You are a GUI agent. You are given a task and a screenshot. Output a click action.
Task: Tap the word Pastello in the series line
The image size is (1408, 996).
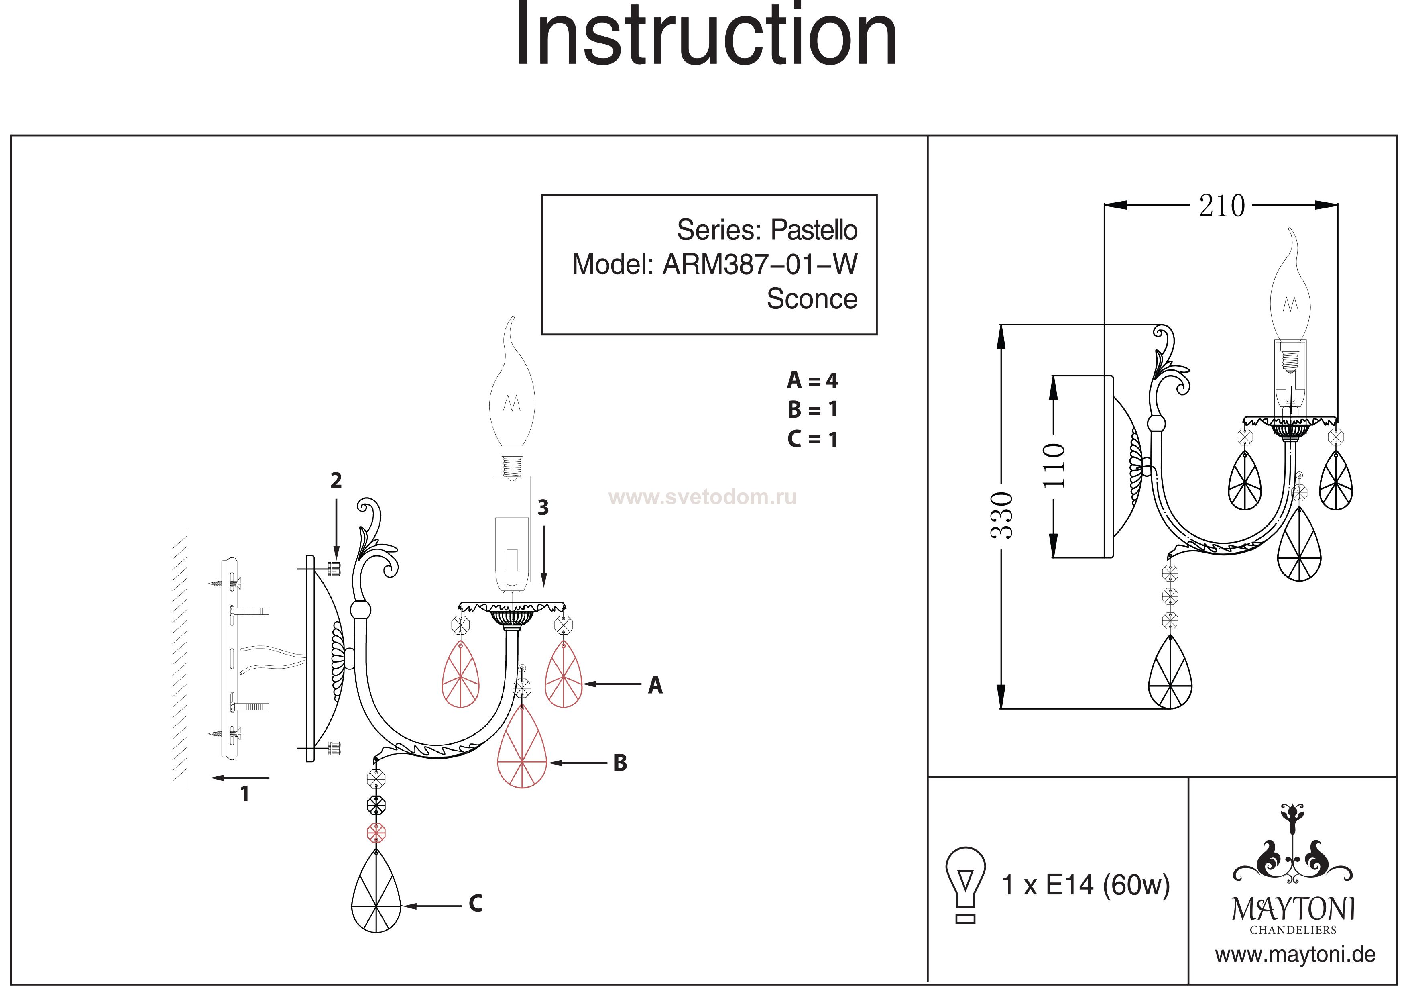pos(814,230)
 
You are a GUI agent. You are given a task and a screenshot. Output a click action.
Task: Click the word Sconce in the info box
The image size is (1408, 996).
pos(812,299)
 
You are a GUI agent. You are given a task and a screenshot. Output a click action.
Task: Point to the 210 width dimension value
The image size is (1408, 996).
pos(1222,206)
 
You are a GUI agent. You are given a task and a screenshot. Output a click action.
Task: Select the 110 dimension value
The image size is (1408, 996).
pos(1054,465)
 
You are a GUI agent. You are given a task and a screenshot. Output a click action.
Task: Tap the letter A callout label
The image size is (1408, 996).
pos(655,686)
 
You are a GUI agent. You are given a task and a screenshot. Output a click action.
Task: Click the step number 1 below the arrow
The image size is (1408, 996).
pos(245,794)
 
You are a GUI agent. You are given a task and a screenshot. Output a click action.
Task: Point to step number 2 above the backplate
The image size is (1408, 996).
pos(336,480)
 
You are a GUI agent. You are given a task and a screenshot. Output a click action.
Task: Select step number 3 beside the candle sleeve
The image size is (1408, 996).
pos(543,508)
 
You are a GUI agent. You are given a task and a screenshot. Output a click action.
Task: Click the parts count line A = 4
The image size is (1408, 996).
pos(812,380)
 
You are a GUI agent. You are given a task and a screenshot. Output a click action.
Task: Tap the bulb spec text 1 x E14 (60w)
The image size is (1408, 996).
pos(1085,886)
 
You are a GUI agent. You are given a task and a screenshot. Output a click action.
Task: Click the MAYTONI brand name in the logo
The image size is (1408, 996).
pos(1293,909)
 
